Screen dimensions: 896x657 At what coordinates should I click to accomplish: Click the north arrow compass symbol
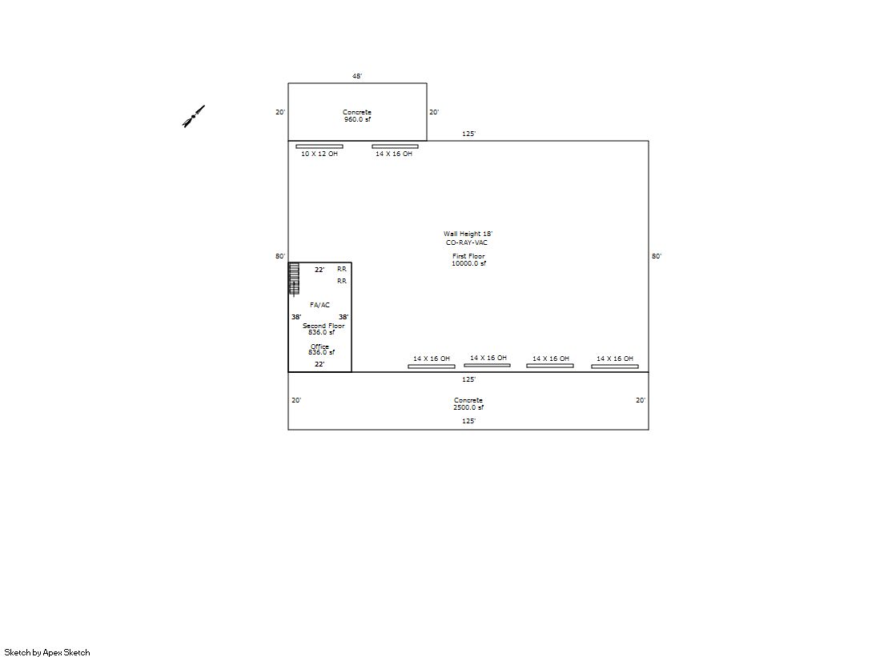194,116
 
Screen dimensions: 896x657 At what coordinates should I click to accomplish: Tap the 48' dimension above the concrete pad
357,76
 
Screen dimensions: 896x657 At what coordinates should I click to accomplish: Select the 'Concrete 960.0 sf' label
357,116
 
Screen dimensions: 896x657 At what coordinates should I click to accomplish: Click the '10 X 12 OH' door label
319,154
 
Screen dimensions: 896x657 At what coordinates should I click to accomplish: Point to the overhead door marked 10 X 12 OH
319,146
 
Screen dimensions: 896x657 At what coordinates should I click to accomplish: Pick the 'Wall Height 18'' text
468,234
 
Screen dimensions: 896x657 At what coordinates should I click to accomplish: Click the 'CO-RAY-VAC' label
467,242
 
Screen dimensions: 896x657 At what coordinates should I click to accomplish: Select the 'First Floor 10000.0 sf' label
468,260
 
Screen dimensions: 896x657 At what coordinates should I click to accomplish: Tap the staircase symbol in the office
294,279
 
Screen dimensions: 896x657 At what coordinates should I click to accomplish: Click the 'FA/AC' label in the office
320,305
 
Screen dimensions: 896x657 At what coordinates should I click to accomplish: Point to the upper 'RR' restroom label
342,269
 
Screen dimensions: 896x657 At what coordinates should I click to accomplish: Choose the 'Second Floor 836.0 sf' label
323,329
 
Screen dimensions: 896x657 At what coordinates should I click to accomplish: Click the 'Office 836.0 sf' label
321,350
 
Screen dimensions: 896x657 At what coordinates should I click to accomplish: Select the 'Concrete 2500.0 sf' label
468,404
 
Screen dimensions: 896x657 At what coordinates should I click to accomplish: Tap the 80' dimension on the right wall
657,256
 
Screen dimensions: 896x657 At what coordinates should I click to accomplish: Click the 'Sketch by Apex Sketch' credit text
47,652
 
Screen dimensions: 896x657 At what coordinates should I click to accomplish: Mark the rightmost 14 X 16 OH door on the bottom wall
615,367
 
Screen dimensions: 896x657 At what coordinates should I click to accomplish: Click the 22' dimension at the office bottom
319,364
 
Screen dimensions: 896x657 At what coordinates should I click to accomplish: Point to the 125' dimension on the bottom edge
468,421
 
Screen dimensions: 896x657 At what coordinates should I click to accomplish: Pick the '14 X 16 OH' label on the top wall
394,154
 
